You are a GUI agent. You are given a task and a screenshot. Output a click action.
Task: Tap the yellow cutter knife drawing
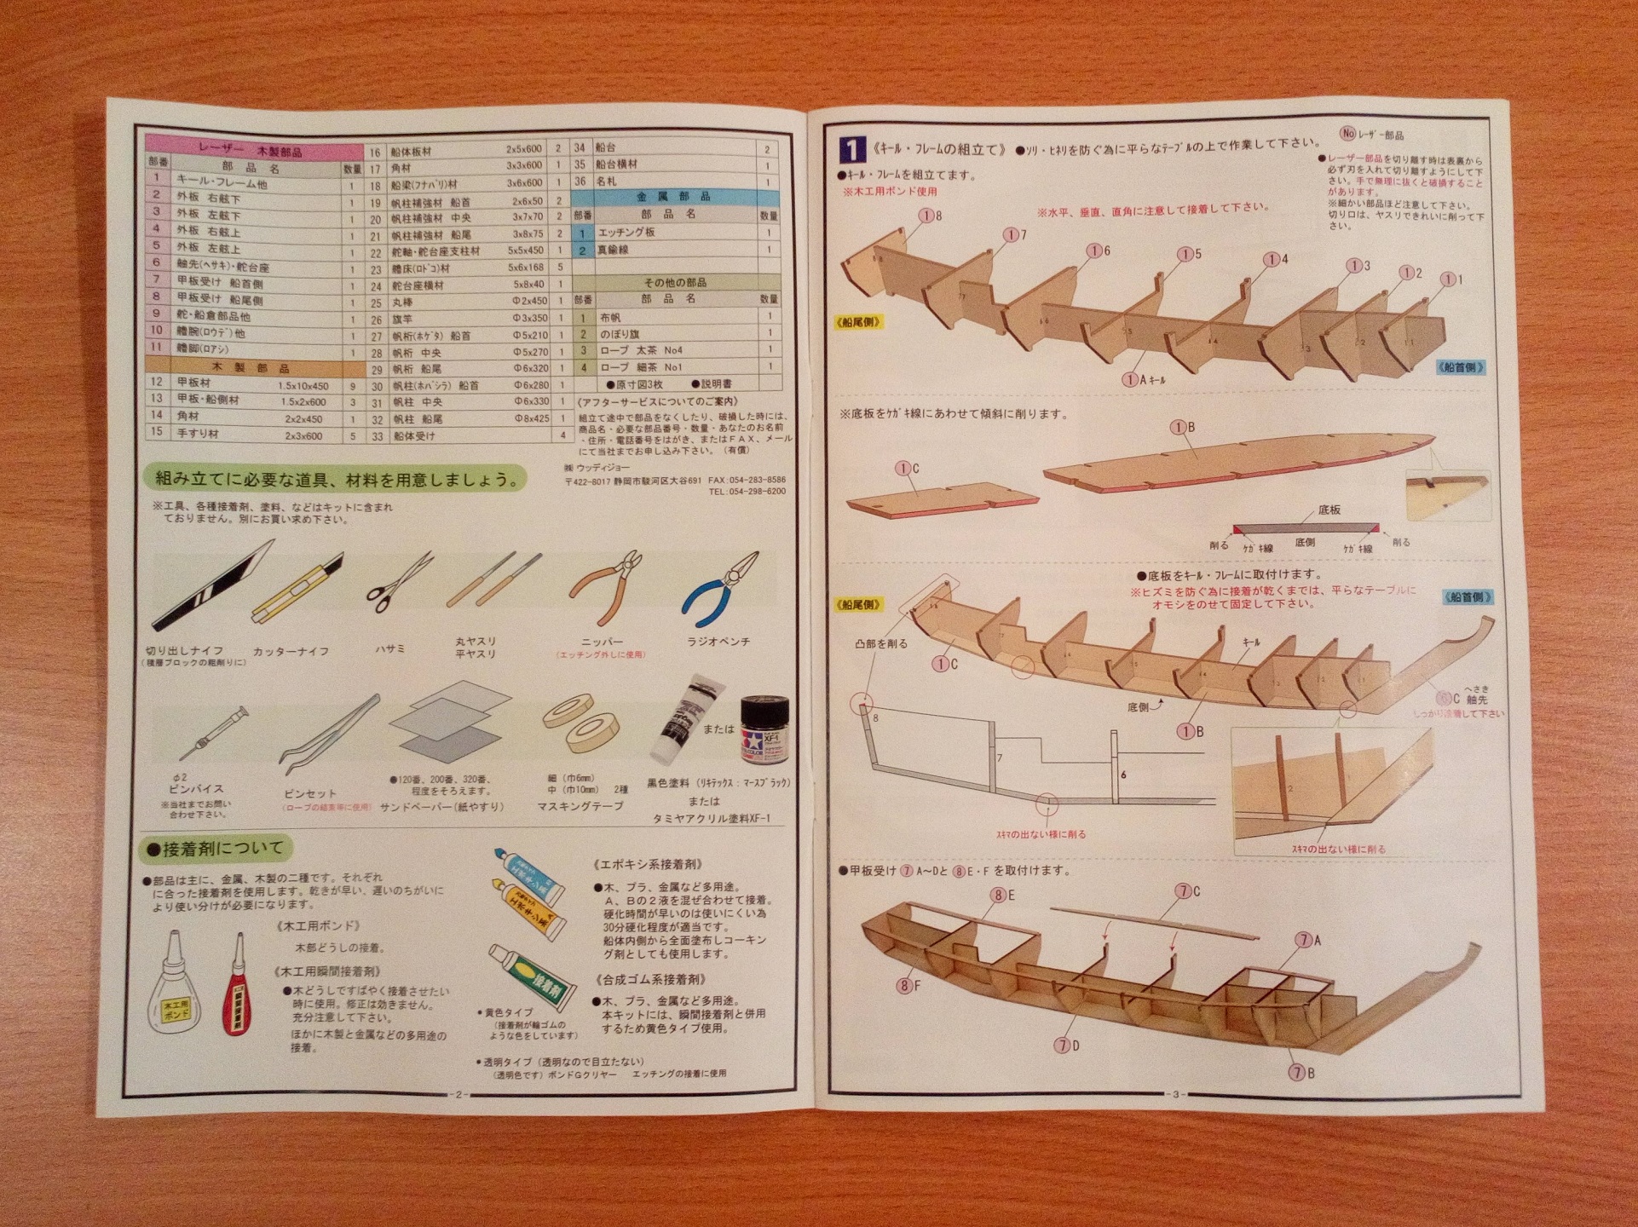(297, 588)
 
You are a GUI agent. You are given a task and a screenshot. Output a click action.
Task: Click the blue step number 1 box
(852, 150)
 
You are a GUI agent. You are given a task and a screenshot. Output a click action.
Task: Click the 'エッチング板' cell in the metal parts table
(626, 233)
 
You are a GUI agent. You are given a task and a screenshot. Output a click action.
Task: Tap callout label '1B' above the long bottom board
(1183, 428)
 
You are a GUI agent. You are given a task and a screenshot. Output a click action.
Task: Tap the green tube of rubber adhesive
(528, 975)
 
